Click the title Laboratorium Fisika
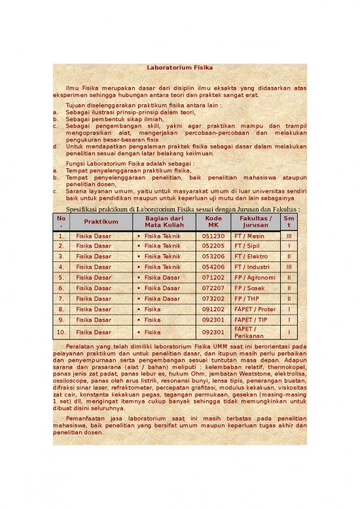pyautogui.click(x=179, y=67)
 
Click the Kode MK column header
pyautogui.click(x=213, y=221)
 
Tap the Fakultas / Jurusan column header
pyautogui.click(x=255, y=221)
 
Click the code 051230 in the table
pyautogui.click(x=213, y=236)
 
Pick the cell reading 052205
pyautogui.click(x=213, y=246)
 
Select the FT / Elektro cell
pyautogui.click(x=251, y=257)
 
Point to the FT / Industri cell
pyautogui.click(x=252, y=267)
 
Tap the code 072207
pyautogui.click(x=213, y=288)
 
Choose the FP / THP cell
pyautogui.click(x=248, y=299)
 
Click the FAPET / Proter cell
pyautogui.click(x=255, y=309)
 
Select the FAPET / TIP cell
pyautogui.click(x=253, y=320)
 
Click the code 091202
pyautogui.click(x=213, y=309)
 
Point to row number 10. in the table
pyautogui.click(x=61, y=332)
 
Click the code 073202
pyautogui.click(x=213, y=299)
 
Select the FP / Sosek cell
pyautogui.click(x=249, y=288)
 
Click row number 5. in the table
pyautogui.click(x=61, y=278)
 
